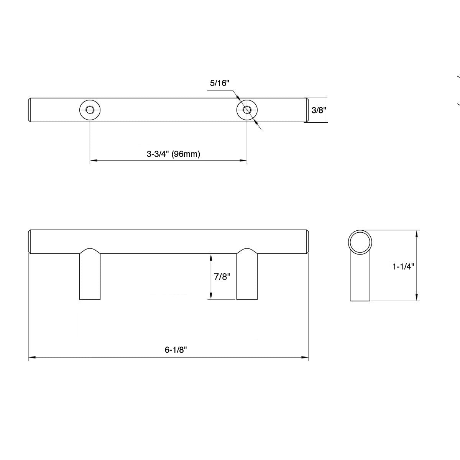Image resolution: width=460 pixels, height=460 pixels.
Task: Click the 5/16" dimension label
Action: (x=219, y=83)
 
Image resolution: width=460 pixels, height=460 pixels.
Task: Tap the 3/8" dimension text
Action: (x=318, y=110)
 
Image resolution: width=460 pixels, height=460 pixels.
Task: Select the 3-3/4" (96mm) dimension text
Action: (x=174, y=154)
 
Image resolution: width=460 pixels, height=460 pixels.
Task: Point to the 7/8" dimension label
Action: (x=222, y=277)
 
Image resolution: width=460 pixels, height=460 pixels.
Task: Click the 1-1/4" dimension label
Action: (x=403, y=266)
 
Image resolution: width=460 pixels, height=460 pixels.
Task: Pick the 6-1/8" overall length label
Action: (x=176, y=350)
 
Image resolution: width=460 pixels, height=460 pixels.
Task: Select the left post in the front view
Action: (x=90, y=276)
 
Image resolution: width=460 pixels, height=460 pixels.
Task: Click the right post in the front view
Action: (x=247, y=276)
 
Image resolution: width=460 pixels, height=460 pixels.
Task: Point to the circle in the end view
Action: (x=360, y=242)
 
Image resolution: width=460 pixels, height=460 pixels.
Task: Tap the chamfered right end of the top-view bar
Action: (x=307, y=110)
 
